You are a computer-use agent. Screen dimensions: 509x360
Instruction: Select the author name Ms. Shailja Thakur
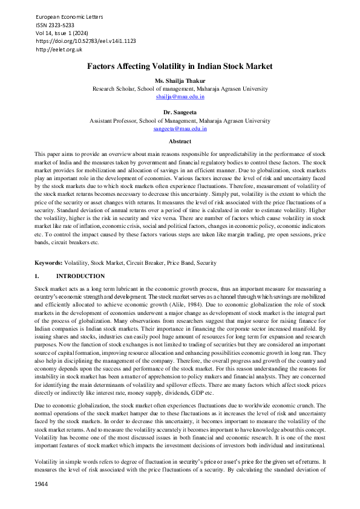[x=180, y=80]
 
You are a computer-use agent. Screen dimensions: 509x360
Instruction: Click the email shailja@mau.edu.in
[x=180, y=96]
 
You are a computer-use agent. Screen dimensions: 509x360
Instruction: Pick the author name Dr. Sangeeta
[x=180, y=112]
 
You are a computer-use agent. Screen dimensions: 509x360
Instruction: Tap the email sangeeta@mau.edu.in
[x=180, y=128]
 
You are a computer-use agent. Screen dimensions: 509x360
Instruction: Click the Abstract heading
[x=180, y=141]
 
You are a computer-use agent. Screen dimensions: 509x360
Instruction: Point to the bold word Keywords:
[x=49, y=263]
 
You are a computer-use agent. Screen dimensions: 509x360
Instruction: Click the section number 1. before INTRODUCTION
[x=38, y=275]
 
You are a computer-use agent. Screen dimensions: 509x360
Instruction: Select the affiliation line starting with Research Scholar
[x=180, y=88]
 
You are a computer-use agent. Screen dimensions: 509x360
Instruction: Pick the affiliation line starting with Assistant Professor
[x=180, y=120]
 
